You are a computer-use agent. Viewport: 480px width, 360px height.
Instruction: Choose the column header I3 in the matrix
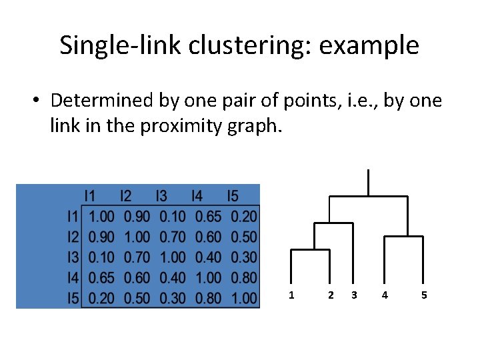161,196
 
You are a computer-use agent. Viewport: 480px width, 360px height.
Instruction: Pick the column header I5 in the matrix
232,196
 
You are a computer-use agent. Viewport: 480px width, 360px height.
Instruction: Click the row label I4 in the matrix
73,277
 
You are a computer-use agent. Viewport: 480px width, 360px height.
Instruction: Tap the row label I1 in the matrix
73,216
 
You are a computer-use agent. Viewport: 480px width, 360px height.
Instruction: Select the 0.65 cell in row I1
208,216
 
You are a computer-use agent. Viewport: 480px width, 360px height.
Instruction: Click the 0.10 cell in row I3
101,257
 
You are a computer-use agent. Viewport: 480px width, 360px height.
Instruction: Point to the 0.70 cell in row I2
173,237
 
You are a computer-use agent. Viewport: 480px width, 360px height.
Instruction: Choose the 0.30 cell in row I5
173,298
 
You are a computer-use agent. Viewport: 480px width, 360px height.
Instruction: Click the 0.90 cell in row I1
137,216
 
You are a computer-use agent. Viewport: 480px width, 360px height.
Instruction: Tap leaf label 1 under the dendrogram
291,295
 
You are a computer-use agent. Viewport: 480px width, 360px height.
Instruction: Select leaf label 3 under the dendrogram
354,295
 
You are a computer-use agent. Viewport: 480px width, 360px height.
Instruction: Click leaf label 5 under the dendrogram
425,295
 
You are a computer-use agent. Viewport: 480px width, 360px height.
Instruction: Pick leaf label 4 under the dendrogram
384,295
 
